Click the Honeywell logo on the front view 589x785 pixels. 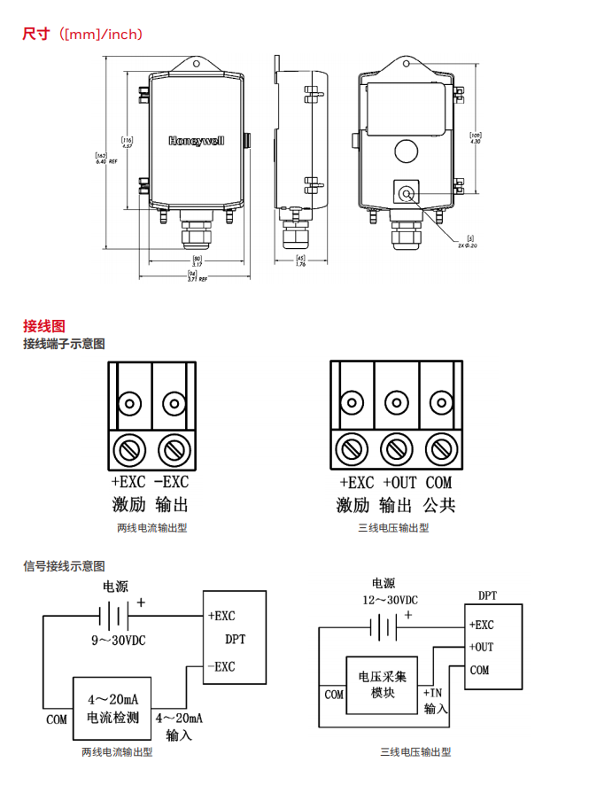click(x=197, y=141)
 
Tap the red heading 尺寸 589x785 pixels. click(x=35, y=35)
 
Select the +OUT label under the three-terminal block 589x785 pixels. click(x=399, y=483)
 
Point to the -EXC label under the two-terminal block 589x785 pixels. click(x=172, y=483)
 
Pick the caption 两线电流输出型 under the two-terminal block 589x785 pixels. click(x=152, y=528)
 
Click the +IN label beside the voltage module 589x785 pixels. click(x=433, y=693)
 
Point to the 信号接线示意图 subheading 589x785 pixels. click(x=65, y=565)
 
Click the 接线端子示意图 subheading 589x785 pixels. click(x=65, y=344)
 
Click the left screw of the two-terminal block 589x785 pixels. click(x=129, y=450)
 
